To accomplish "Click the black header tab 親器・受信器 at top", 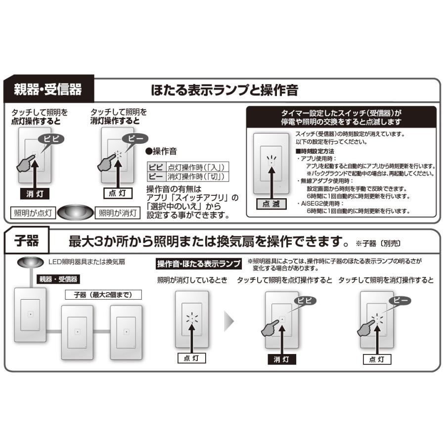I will point(48,89).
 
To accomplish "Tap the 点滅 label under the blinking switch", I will point(271,204).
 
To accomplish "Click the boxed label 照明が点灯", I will point(32,213).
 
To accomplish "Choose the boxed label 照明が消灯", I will point(117,213).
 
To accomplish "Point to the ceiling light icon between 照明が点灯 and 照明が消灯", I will point(75,213).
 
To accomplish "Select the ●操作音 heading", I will point(162,151).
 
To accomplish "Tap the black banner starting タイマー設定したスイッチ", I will point(341,117).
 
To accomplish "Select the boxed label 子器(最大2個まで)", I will point(103,295).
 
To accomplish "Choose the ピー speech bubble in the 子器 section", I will point(401,300).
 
